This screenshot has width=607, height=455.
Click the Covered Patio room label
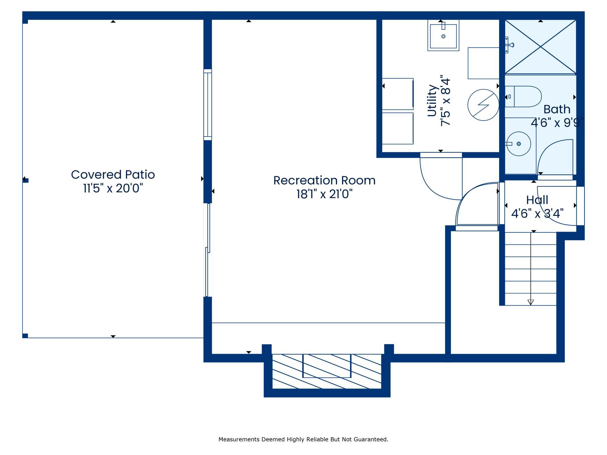113,174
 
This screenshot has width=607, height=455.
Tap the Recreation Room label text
324,180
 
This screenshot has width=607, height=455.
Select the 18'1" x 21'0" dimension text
324,194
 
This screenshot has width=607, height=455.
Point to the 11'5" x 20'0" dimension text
113,188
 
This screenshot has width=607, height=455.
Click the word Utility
432,101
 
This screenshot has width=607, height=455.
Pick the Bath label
557,109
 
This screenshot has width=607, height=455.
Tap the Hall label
537,200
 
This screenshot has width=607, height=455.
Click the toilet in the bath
523,97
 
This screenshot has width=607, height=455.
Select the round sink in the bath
519,144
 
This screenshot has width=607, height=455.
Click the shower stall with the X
540,47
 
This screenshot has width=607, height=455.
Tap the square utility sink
443,35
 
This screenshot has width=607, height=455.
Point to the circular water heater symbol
483,105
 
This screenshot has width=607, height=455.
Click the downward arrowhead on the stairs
531,302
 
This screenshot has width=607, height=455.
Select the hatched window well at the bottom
327,371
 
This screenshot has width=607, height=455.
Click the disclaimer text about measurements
303,439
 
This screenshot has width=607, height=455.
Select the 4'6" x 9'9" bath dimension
557,123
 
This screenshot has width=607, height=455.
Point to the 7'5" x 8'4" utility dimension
446,101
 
